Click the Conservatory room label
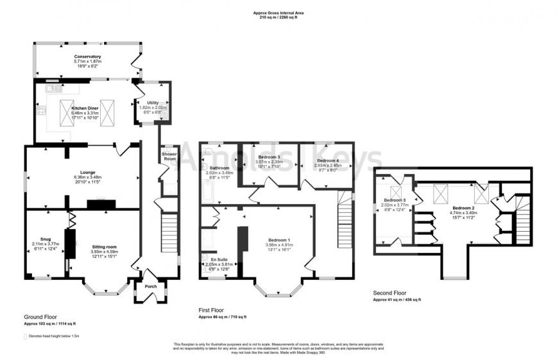tap(87, 56)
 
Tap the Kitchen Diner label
tap(83, 108)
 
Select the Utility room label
tap(153, 103)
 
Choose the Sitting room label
tap(103, 246)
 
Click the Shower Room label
tap(169, 157)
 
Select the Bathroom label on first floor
tap(214, 168)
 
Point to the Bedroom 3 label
tap(270, 157)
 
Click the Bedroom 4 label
tap(327, 160)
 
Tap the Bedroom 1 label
tap(280, 240)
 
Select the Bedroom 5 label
tap(395, 200)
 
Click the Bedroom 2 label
tap(463, 208)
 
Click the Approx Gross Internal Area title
tap(278, 12)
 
